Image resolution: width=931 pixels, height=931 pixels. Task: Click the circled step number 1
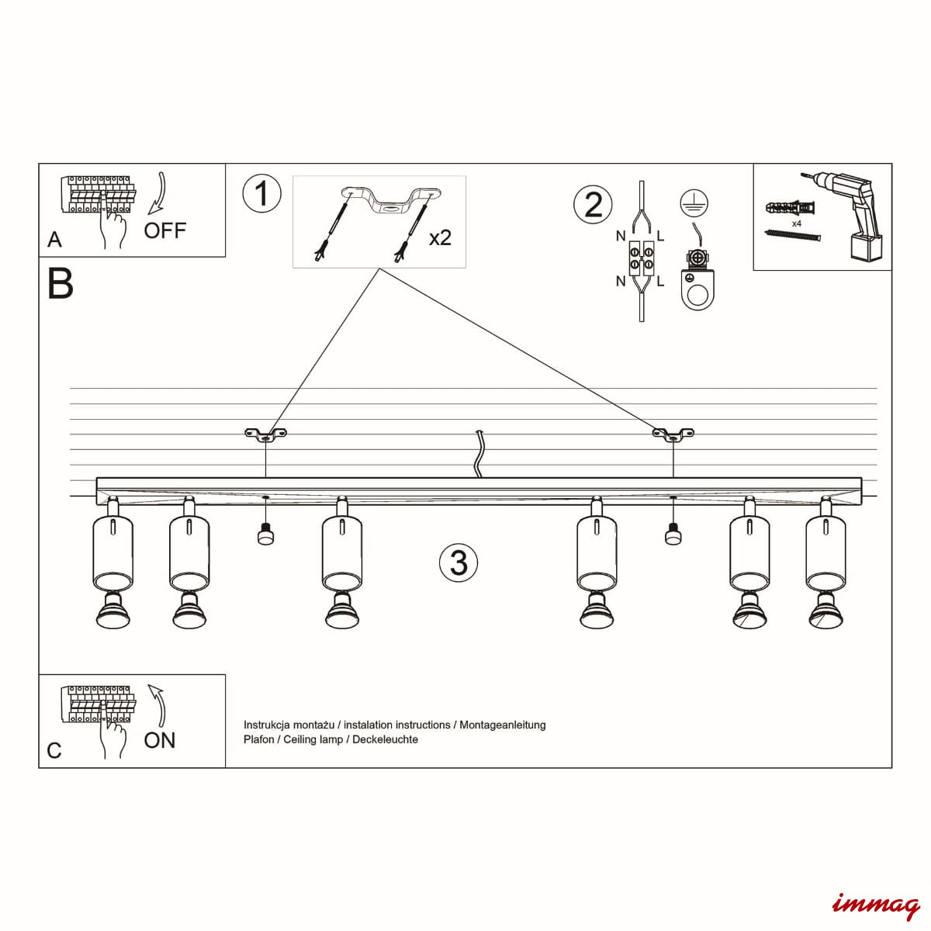(261, 193)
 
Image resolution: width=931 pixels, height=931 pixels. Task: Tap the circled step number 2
(593, 204)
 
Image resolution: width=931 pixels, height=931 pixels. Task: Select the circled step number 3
(458, 562)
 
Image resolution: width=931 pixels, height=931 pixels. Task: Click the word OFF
(165, 230)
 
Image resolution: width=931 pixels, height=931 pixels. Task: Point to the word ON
(160, 740)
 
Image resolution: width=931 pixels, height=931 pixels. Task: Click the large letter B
(61, 284)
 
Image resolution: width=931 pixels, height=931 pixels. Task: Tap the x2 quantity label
(440, 237)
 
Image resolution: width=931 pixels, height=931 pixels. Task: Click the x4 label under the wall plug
(796, 223)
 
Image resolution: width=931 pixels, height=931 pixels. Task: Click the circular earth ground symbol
(694, 202)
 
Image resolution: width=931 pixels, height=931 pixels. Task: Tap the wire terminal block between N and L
(641, 258)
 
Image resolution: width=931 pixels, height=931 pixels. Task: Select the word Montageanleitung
(503, 725)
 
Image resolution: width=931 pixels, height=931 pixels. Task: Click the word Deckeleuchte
(386, 739)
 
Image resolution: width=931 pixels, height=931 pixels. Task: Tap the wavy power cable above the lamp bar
(480, 453)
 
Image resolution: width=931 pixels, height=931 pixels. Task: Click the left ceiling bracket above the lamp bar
(265, 434)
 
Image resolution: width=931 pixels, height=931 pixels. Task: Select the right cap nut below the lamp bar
(673, 535)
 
